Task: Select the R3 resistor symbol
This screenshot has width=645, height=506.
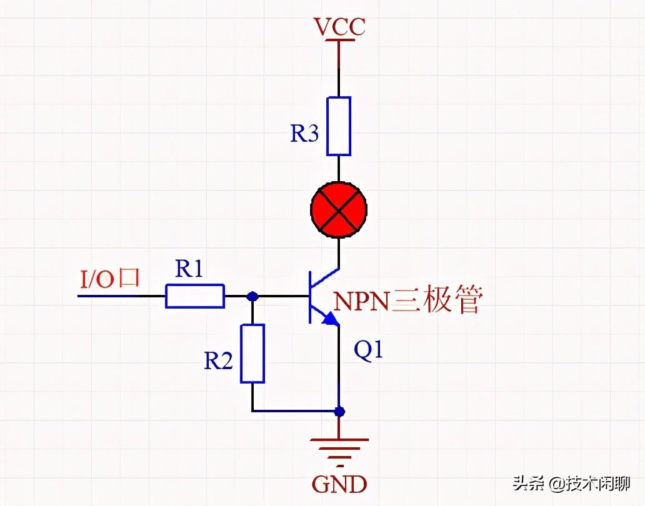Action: coord(339,126)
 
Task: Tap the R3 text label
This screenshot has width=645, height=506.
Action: coord(304,134)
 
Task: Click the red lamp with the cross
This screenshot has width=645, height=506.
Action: coord(339,211)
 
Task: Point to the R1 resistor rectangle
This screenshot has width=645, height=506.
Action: coord(194,295)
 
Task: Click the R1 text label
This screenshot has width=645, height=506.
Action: coord(189,269)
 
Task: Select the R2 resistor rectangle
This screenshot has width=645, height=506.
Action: coord(252,353)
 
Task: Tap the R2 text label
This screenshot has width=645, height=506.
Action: coord(218,360)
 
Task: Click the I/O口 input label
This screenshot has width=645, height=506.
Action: coord(109,279)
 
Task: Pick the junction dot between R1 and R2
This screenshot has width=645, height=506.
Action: coord(252,296)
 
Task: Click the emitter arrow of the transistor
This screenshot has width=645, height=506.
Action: coord(330,320)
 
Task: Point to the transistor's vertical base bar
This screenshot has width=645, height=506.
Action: coord(311,297)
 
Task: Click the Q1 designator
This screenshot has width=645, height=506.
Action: coord(368,351)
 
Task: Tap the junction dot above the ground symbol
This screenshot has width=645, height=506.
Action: coord(339,412)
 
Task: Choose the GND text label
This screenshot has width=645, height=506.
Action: coord(339,484)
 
